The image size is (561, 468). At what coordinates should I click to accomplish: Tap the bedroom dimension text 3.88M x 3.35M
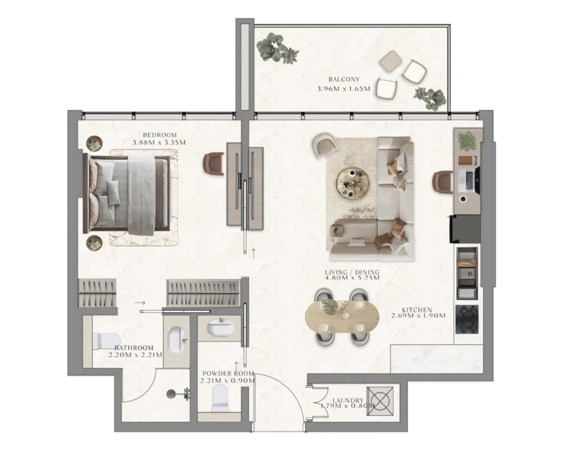pyautogui.click(x=159, y=142)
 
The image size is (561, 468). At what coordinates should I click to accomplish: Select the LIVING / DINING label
pyautogui.click(x=352, y=272)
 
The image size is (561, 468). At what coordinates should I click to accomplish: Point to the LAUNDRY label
pyautogui.click(x=348, y=400)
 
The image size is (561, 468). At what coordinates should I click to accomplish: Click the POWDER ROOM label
pyautogui.click(x=228, y=373)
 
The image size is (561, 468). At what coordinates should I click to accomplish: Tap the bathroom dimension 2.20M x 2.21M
pyautogui.click(x=135, y=355)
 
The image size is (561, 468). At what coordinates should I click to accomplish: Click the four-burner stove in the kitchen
pyautogui.click(x=467, y=319)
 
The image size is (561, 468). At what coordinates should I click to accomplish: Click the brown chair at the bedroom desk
pyautogui.click(x=214, y=164)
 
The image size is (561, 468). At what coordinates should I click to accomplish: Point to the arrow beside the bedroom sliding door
pyautogui.click(x=253, y=253)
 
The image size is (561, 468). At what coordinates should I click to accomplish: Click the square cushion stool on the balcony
pyautogui.click(x=391, y=61)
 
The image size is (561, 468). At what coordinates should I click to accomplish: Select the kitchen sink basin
pyautogui.click(x=467, y=274)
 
